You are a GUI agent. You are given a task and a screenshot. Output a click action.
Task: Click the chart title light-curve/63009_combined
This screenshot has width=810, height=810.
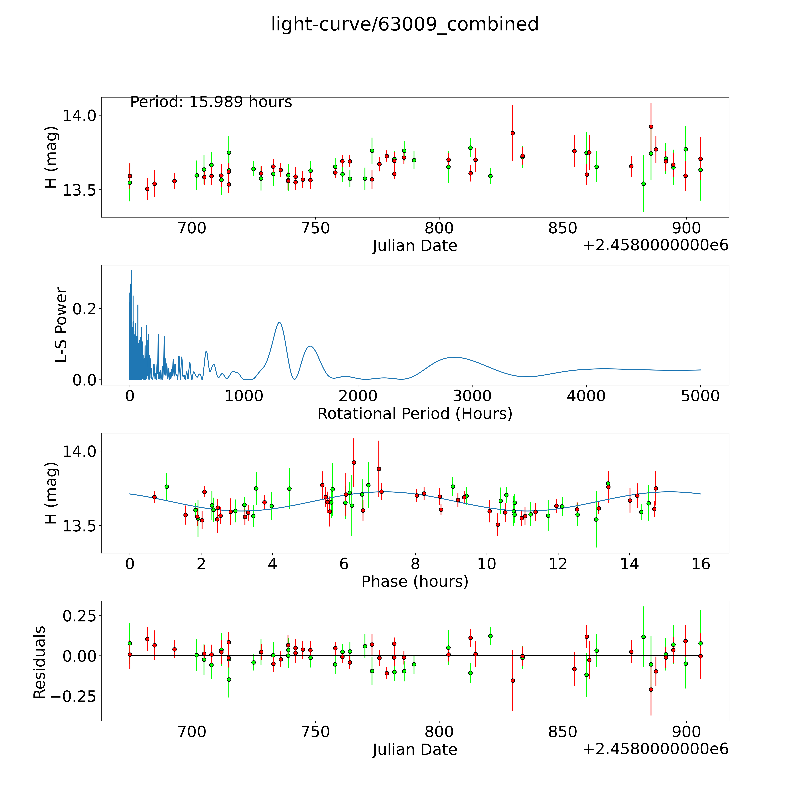405,24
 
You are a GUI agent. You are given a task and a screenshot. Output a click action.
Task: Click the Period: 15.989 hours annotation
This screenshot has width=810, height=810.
211,102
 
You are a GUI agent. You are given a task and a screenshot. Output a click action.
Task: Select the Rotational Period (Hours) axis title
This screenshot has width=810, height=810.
415,414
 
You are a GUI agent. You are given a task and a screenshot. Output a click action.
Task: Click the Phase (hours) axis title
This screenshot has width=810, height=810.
415,582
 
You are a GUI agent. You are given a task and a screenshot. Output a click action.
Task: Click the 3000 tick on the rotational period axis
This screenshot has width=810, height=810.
472,396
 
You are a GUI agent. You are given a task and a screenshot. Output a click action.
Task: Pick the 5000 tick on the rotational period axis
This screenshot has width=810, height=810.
700,396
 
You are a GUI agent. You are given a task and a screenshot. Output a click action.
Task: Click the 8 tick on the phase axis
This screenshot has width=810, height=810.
415,564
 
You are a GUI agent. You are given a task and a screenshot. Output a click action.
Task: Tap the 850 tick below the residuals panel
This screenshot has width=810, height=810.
563,732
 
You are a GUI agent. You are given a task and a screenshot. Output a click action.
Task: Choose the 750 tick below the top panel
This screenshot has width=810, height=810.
315,228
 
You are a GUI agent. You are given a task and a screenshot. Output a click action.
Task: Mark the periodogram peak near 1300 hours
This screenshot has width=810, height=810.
279,322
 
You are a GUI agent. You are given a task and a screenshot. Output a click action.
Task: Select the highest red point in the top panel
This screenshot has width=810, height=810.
651,127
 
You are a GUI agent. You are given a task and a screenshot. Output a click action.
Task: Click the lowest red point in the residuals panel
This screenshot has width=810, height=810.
651,690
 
